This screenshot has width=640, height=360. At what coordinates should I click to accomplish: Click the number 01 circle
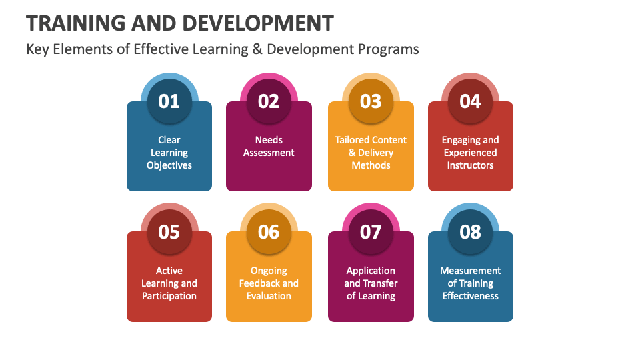(169, 101)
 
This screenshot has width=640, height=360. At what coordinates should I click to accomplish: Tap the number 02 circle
(269, 101)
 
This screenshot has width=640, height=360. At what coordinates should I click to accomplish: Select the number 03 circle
(371, 101)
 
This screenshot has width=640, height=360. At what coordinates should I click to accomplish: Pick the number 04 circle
(470, 101)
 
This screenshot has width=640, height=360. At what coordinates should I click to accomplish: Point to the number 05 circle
(169, 231)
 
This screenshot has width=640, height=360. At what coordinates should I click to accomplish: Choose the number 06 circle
(269, 231)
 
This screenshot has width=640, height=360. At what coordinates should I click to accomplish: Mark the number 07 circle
(371, 231)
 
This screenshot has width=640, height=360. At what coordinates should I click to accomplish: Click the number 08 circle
(470, 231)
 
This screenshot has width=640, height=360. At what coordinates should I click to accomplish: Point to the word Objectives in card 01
(169, 165)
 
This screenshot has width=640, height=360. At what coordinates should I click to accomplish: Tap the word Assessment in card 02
(269, 153)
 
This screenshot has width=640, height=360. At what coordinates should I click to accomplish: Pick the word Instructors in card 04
(470, 165)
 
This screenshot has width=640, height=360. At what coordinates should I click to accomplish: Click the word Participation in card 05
(169, 296)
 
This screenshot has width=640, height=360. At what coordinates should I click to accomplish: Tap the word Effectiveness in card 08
(470, 296)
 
